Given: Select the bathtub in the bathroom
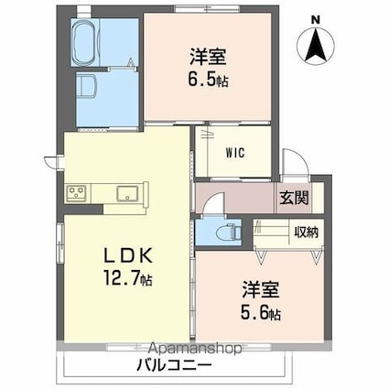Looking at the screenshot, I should (93, 40).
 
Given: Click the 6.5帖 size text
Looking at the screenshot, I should (210, 80).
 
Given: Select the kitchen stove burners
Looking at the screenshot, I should (76, 192).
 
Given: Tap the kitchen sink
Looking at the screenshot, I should (126, 192).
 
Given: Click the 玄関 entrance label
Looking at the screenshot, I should (294, 197).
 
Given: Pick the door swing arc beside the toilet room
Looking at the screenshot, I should (210, 206).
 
